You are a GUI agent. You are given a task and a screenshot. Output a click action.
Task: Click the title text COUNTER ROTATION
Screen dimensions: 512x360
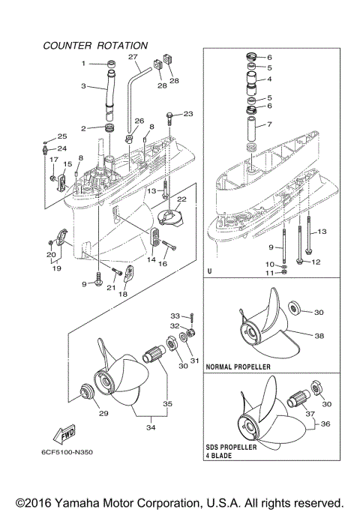point(95,46)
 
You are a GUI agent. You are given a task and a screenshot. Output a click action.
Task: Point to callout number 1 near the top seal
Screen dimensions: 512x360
point(84,64)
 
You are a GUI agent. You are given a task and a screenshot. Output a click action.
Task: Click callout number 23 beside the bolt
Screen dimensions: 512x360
point(187,114)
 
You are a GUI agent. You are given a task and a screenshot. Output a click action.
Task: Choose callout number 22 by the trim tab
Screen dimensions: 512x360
point(181,199)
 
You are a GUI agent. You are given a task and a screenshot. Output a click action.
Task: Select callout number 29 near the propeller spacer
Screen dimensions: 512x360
point(97,412)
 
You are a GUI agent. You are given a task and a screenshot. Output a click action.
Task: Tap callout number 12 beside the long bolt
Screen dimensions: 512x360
point(316,262)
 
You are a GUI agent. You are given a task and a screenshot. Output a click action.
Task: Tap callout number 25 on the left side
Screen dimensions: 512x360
point(62,136)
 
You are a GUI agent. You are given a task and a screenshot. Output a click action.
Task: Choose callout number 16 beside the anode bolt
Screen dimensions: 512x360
point(161,265)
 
